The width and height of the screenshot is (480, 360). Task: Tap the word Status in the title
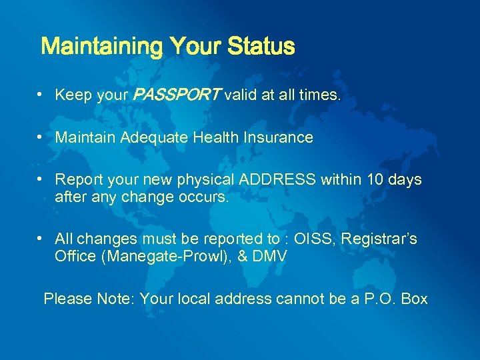261,47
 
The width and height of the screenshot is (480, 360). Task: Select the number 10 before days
371,179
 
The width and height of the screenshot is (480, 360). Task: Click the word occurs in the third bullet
209,196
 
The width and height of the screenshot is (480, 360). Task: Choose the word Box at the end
414,299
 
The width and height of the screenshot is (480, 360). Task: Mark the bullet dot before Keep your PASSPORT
41,95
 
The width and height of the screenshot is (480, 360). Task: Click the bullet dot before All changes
41,238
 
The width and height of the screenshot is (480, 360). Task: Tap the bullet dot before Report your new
41,179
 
